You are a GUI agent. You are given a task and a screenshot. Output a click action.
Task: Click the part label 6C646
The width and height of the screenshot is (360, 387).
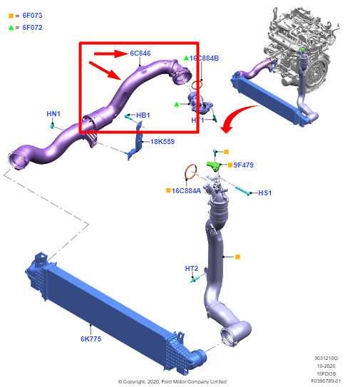coord(140,53)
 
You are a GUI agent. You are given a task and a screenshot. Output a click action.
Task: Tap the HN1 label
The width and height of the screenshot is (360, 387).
coord(53,113)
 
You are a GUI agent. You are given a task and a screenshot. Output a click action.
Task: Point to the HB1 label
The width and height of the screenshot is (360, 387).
coord(143,115)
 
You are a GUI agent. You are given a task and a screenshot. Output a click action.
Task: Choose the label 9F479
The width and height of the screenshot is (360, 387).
coord(243,165)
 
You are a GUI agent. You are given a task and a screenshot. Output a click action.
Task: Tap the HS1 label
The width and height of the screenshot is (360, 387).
coord(264,192)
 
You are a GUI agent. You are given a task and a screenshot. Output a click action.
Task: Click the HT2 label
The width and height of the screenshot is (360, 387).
coord(191,269)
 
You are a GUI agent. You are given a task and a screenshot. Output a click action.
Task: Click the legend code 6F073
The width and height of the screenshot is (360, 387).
coord(32,15)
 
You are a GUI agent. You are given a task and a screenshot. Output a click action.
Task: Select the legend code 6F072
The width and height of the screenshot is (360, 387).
coord(32,27)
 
